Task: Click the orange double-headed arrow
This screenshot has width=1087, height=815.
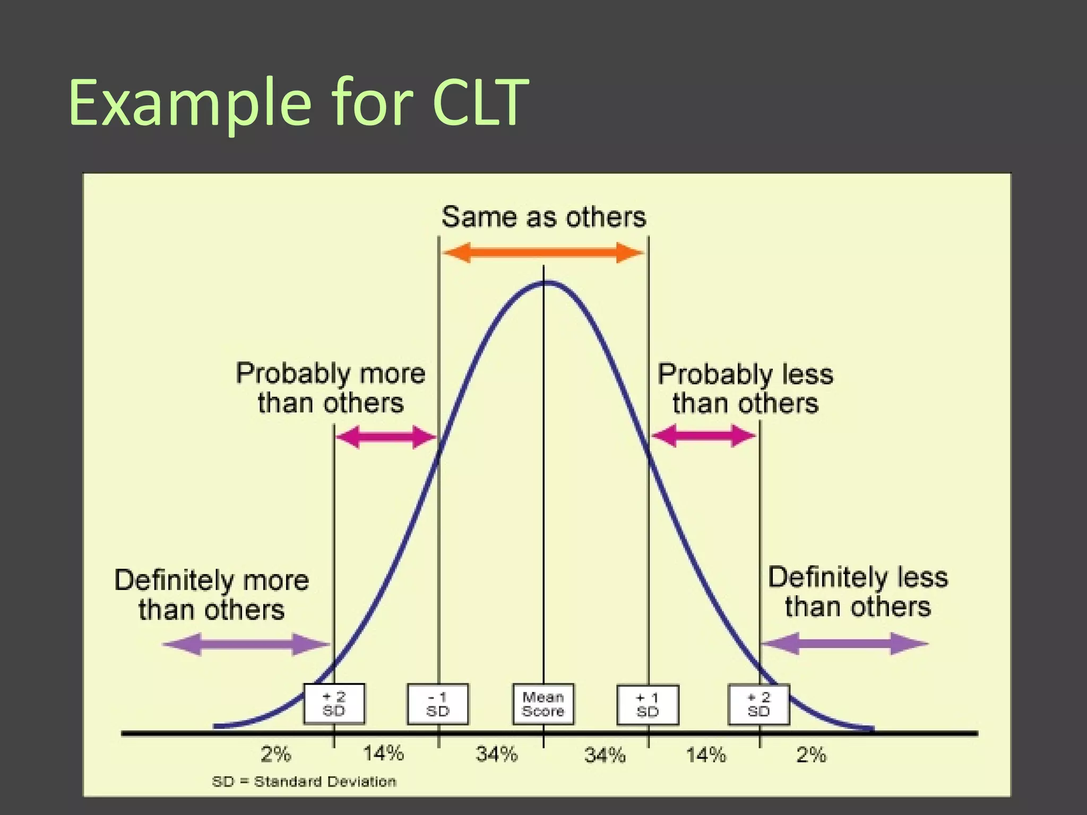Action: (x=543, y=253)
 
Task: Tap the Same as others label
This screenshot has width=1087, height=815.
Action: (x=543, y=217)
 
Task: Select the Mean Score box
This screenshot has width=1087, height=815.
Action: (x=543, y=704)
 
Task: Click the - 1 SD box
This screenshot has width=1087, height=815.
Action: (x=438, y=704)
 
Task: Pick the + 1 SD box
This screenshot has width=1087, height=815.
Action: (x=648, y=705)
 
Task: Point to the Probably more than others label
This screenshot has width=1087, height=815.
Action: (x=331, y=388)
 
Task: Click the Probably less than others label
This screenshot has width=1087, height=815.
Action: (x=745, y=388)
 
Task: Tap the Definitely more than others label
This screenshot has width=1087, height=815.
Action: (x=212, y=595)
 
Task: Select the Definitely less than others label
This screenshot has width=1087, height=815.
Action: (x=858, y=592)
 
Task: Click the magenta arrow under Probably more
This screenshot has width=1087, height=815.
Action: (x=386, y=437)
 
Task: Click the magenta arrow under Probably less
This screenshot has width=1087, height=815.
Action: (x=703, y=436)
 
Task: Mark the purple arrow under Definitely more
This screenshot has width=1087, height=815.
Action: (x=246, y=644)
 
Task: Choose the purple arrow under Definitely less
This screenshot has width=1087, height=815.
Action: (x=844, y=644)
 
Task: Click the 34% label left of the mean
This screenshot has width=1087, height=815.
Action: (x=496, y=754)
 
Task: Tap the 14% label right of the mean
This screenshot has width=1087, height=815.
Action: (x=705, y=754)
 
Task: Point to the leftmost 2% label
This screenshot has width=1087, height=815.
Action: (x=275, y=754)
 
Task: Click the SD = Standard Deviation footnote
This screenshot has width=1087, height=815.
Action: (x=304, y=782)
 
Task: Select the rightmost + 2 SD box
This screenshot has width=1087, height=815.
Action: (x=759, y=704)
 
